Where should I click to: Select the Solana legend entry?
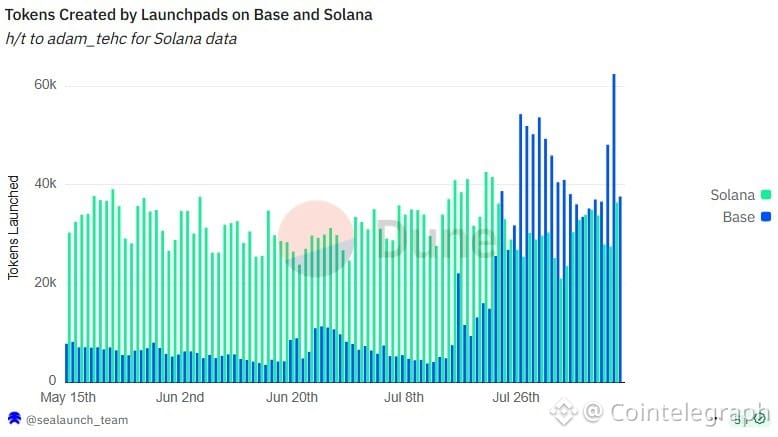click(x=732, y=195)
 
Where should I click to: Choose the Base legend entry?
click(x=738, y=217)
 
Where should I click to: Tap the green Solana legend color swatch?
click(x=766, y=195)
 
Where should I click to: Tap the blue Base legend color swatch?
click(x=766, y=217)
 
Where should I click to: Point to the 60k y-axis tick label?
click(x=45, y=85)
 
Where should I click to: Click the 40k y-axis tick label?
click(x=45, y=184)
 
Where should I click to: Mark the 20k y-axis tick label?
click(x=45, y=283)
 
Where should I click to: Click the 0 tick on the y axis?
click(x=53, y=381)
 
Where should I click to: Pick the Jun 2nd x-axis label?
click(x=180, y=398)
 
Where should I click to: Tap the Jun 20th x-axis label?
click(x=291, y=398)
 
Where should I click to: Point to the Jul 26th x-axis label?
click(x=515, y=398)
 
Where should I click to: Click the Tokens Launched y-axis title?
click(x=14, y=228)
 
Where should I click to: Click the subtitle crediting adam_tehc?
click(x=121, y=39)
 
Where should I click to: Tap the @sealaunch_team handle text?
click(x=75, y=420)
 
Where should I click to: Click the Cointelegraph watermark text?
click(x=676, y=412)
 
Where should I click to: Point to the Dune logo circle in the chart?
click(x=315, y=238)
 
